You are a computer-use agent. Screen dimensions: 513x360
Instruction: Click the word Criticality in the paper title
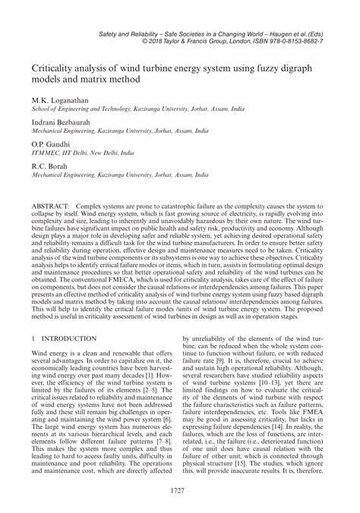coord(54,68)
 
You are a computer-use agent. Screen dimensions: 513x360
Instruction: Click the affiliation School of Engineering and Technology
coord(86,110)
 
